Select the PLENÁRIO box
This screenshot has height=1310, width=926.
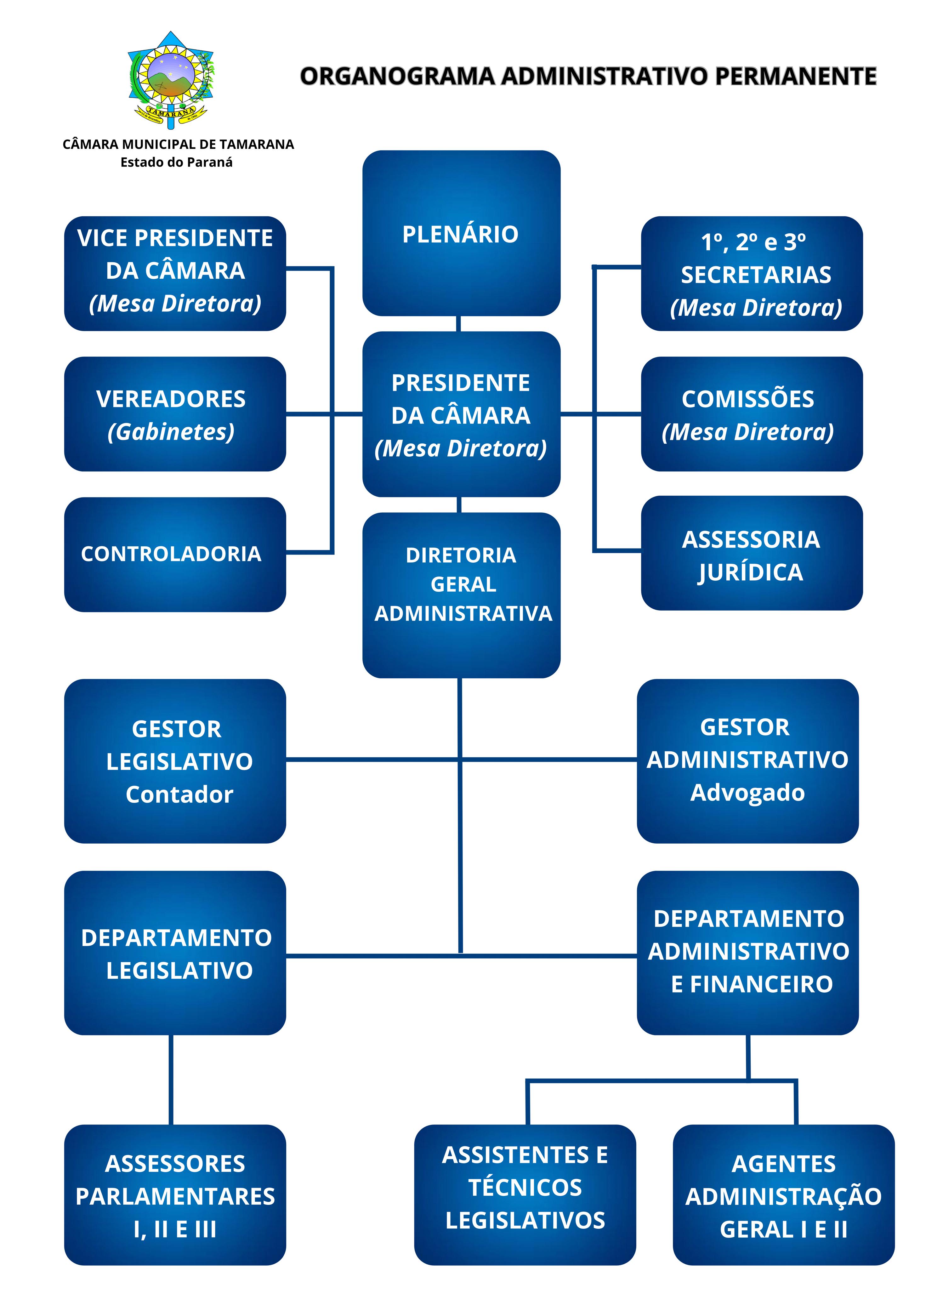tap(461, 233)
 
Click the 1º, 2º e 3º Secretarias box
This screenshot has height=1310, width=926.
tap(752, 273)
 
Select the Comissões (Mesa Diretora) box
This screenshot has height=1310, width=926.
tap(752, 414)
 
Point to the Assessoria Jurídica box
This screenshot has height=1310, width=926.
tap(752, 553)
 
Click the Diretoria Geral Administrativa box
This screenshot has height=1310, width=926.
tap(461, 595)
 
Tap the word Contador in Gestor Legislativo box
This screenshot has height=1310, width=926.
tap(179, 794)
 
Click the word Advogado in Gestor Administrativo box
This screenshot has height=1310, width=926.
tap(747, 793)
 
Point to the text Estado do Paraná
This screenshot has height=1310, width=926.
tap(176, 162)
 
